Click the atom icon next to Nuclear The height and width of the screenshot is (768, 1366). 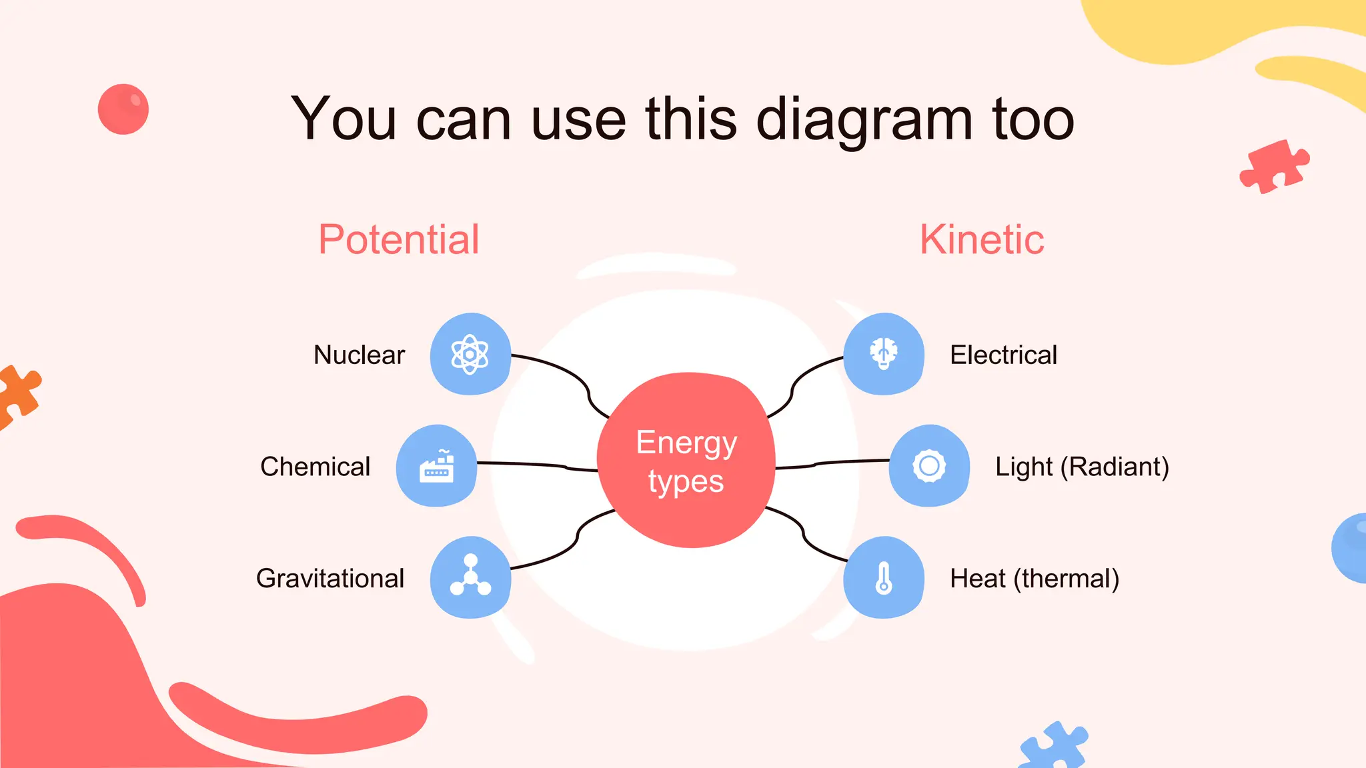pos(470,354)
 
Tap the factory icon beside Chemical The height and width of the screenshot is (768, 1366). pos(437,466)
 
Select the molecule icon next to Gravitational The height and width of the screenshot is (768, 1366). pos(470,577)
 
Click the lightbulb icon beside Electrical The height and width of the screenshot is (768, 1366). pos(884,353)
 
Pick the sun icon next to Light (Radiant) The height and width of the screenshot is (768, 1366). pos(929,466)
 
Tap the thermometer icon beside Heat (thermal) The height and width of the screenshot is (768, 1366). pos(884,578)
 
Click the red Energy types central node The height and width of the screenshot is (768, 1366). pos(686,461)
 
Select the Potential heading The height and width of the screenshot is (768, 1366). pos(399,239)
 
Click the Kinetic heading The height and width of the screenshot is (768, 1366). pos(982,239)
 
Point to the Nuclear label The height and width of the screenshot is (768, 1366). pos(360,355)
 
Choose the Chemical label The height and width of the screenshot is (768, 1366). pos(315,467)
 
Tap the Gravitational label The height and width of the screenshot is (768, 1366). pos(330,578)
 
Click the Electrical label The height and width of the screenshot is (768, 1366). pos(1003,355)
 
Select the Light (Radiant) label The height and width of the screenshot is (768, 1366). pos(1082,467)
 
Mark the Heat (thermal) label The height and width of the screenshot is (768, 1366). pos(1035,578)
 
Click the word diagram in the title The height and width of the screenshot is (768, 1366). pos(865,120)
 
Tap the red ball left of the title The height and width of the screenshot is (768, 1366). pos(123,109)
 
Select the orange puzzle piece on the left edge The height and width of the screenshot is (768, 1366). pos(17,395)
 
